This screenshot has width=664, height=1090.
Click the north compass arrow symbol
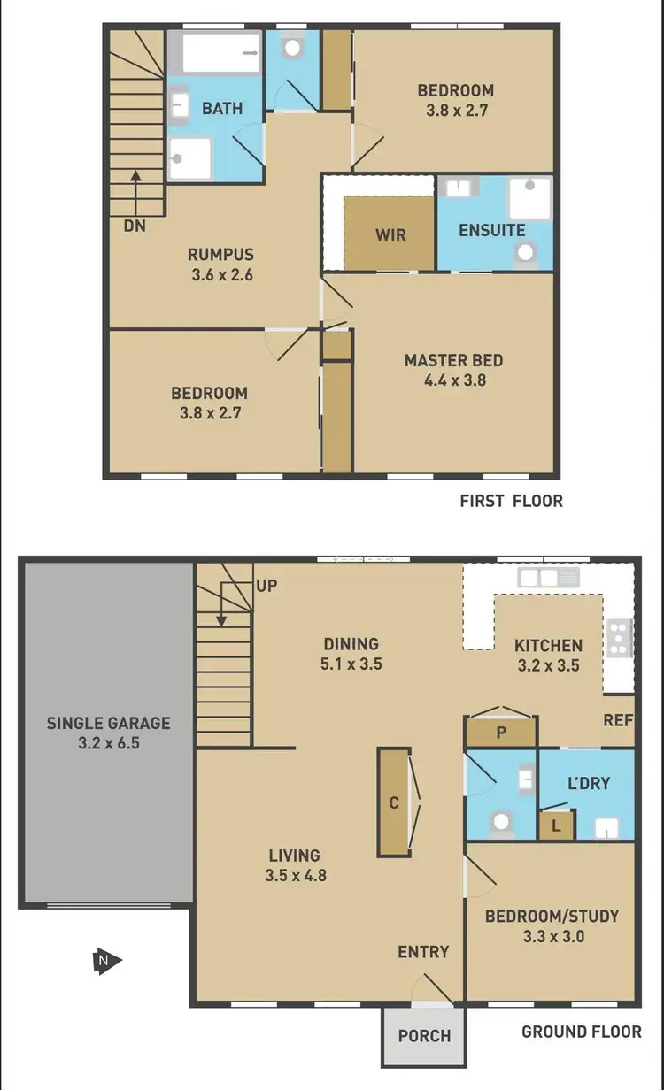(106, 960)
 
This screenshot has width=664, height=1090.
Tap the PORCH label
(424, 1036)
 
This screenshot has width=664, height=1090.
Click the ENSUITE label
(491, 230)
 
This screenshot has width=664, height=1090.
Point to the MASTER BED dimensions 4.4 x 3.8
(453, 380)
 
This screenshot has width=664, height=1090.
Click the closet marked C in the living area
(393, 802)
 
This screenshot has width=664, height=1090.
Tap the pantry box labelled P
(500, 733)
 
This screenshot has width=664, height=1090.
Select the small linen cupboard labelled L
(555, 825)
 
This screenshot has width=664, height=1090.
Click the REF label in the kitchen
(618, 720)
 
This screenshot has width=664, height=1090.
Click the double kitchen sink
(548, 578)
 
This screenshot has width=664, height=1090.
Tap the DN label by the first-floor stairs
(135, 226)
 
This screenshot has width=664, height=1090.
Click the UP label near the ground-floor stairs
(266, 586)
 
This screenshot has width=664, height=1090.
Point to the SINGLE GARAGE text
(108, 723)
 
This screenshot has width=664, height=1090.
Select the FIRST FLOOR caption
(511, 502)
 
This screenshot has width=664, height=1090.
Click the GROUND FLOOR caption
(581, 1032)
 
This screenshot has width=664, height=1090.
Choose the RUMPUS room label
(221, 255)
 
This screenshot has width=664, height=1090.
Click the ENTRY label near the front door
(423, 952)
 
